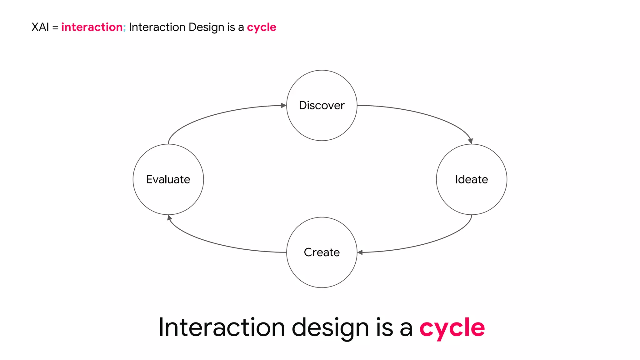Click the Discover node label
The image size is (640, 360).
tap(322, 105)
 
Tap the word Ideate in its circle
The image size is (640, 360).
tap(471, 179)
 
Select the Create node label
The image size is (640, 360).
tap(322, 252)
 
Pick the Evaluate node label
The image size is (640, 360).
tap(168, 179)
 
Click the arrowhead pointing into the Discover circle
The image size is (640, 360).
tap(284, 106)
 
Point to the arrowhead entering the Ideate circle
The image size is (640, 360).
tap(470, 141)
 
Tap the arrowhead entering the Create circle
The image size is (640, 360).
tap(360, 252)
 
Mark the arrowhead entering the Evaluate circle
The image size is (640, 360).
tap(169, 217)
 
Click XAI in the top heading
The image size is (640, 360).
tap(40, 27)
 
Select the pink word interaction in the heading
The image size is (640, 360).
tap(92, 27)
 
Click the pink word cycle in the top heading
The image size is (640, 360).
tap(262, 27)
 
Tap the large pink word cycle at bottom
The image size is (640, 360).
tap(452, 327)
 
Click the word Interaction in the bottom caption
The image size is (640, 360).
tap(222, 327)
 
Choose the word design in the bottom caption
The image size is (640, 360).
tap(330, 327)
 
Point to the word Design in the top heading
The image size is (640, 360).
tap(207, 27)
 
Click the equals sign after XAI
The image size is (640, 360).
tap(55, 27)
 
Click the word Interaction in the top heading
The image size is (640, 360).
tap(157, 27)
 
